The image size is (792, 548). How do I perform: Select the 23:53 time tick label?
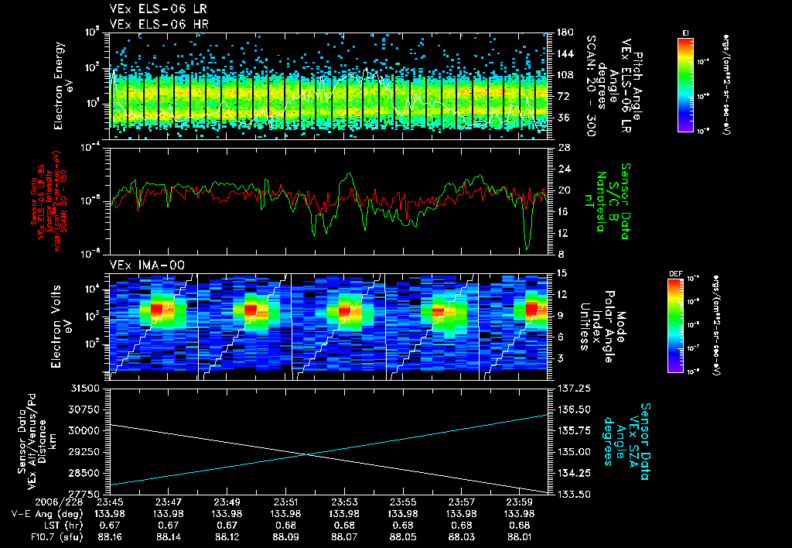pyautogui.click(x=345, y=502)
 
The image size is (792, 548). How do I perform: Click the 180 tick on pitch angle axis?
pyautogui.click(x=562, y=33)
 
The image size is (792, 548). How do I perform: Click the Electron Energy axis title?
pyautogui.click(x=62, y=85)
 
